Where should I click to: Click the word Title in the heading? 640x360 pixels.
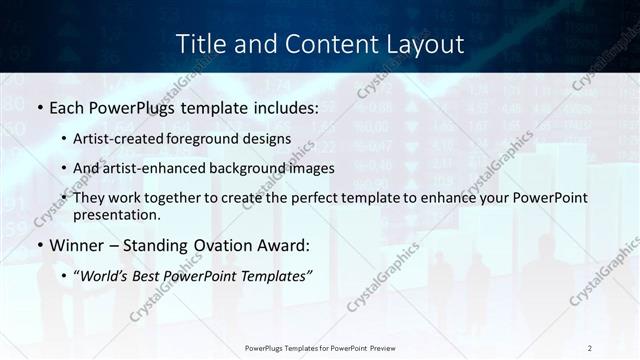200,44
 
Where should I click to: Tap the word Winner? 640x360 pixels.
75,245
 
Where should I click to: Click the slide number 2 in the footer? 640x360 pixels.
590,347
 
